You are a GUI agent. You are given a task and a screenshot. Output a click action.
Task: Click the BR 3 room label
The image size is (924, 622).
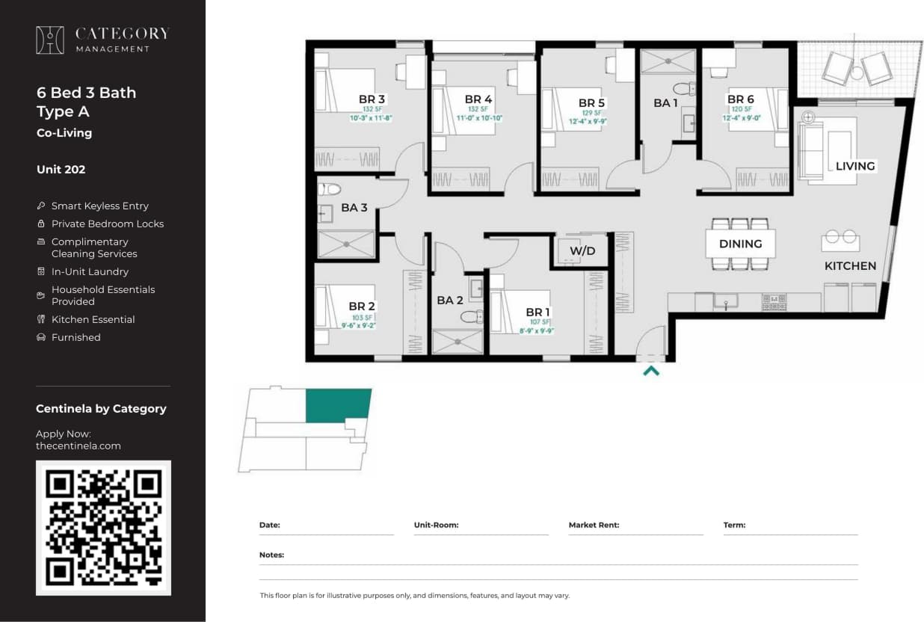(x=372, y=99)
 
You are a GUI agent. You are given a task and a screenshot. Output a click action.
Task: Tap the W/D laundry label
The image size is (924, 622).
(x=582, y=250)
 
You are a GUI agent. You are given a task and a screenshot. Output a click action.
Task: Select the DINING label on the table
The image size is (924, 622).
(x=740, y=244)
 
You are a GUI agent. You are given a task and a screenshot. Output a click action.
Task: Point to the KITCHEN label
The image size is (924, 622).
(x=850, y=266)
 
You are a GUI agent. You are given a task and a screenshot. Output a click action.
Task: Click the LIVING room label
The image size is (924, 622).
(x=854, y=166)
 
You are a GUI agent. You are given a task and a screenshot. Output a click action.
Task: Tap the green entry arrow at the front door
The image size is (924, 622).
(x=651, y=369)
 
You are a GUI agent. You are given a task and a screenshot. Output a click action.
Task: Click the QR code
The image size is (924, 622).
(x=103, y=528)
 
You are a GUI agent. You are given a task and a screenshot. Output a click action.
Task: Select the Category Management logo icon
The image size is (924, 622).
(x=50, y=40)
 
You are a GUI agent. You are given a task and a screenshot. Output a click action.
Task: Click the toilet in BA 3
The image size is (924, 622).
(x=329, y=189)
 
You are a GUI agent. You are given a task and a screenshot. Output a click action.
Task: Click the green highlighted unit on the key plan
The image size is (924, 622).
(x=338, y=404)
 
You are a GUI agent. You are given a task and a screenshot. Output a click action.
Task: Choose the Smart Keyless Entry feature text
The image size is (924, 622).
(x=99, y=206)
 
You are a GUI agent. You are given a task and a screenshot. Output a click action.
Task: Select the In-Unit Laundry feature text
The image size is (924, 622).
(x=90, y=271)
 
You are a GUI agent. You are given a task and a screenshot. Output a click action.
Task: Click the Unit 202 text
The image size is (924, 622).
(x=61, y=170)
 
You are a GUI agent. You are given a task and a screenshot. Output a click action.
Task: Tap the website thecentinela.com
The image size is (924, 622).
(x=78, y=446)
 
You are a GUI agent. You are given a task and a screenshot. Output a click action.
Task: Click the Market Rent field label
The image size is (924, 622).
(x=594, y=525)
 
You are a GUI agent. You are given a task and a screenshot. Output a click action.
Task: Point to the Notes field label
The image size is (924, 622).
(x=271, y=555)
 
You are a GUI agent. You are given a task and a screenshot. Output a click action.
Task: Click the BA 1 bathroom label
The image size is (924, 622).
(x=665, y=103)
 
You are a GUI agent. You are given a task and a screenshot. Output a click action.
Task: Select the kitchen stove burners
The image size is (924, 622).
(x=773, y=301)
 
